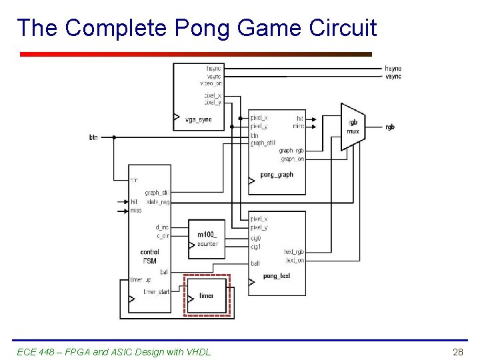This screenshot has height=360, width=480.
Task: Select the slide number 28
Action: [457, 351]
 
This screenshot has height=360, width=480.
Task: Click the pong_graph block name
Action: [277, 175]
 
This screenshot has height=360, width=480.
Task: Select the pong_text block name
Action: [277, 276]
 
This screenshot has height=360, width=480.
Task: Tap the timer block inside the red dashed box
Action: [207, 295]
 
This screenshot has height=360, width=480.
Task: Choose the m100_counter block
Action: [207, 239]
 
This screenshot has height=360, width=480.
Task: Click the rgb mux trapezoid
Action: [353, 127]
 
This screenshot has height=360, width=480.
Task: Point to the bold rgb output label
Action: [390, 127]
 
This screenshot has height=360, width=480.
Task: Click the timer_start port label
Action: [157, 292]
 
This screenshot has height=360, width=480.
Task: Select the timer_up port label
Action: [141, 279]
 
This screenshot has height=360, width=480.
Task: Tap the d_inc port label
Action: [161, 227]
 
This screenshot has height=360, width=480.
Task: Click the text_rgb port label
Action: [294, 252]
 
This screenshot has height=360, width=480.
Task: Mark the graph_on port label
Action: [292, 159]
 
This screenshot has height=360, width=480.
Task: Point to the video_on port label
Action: [211, 84]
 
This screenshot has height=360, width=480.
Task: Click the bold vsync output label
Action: [393, 77]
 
